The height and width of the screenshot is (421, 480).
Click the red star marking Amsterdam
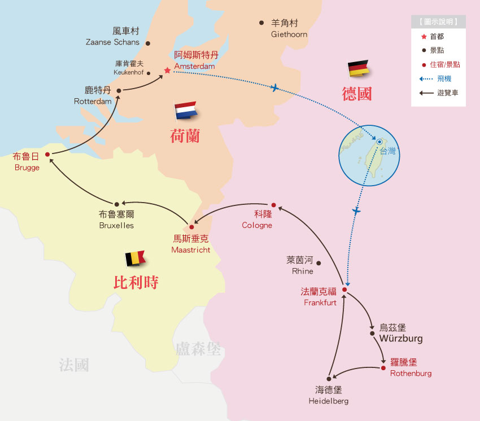coord(167,71)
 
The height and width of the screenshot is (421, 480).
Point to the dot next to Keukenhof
coord(149,73)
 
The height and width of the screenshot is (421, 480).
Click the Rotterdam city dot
coord(119,90)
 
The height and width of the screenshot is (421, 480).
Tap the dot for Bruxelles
coord(117,204)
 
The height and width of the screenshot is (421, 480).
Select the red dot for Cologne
coord(273,205)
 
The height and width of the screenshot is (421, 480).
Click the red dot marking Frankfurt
coord(344,290)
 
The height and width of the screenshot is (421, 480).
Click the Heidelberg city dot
coord(328,378)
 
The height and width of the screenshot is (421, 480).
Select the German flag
coord(358,68)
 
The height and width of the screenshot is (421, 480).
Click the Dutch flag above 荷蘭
coord(185,110)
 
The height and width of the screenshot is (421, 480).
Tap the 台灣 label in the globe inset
coord(387,151)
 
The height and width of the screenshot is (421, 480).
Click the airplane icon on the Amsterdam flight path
coord(274,87)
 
